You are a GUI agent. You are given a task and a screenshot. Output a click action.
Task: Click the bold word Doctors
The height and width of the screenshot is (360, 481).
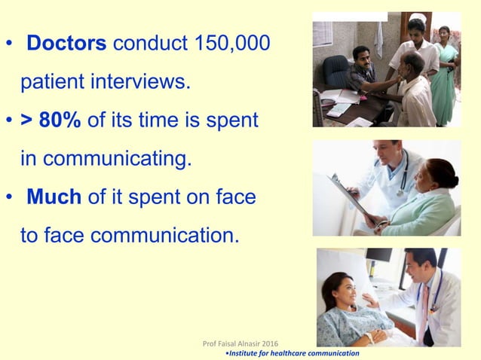pos(66,43)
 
